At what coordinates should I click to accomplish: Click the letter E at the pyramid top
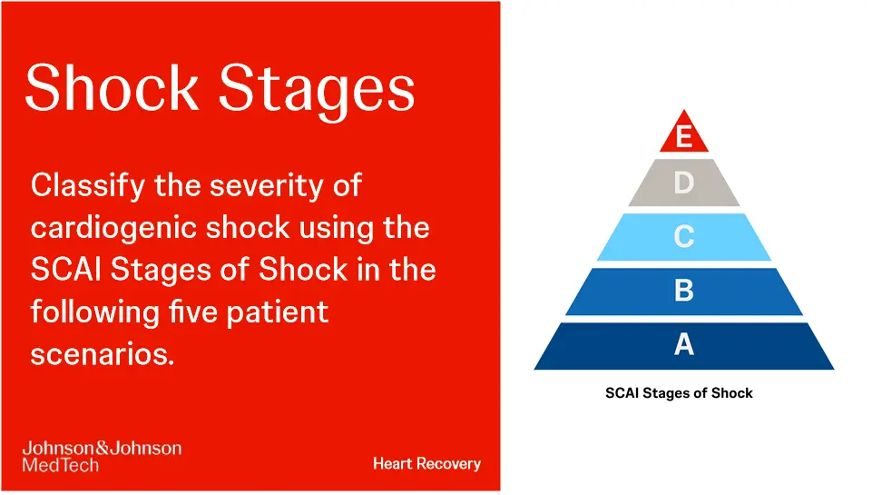pos(684,137)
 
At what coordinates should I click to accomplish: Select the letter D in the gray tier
pos(684,184)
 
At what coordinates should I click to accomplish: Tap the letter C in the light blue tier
pos(684,237)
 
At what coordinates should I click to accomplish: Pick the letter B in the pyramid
pos(684,291)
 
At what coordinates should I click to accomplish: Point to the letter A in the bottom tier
pos(684,345)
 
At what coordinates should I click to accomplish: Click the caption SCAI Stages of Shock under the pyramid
pos(679,393)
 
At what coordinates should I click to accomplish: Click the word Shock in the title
pos(111,88)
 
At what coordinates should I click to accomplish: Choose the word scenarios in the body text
pos(102,353)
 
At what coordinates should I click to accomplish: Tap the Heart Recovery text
pos(426,464)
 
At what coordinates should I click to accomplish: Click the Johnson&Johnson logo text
pos(101,449)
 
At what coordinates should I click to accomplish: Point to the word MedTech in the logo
pos(60,465)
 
